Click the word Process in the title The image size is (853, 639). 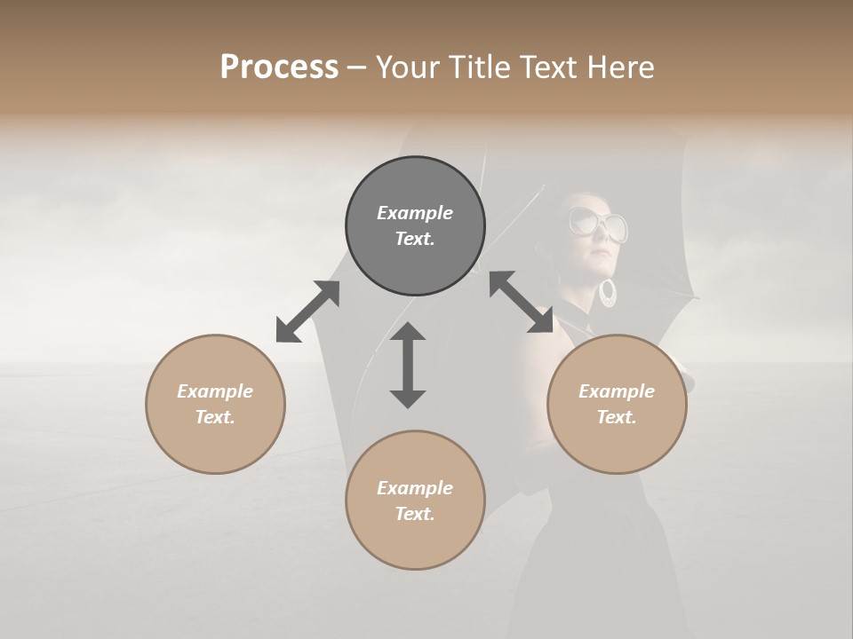point(279,67)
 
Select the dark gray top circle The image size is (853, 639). point(415,226)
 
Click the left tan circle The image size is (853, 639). point(215,404)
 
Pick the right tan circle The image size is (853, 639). point(617,404)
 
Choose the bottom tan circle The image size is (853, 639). point(415,501)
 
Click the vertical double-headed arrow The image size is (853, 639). point(408,365)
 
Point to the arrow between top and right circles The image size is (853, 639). point(521,302)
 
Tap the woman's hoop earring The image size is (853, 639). point(609,293)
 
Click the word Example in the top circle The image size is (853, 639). point(415,213)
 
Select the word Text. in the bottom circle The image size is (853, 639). point(415,514)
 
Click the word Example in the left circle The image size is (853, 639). point(215,391)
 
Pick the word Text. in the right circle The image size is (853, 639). point(617,417)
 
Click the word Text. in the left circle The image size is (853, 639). point(215,417)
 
